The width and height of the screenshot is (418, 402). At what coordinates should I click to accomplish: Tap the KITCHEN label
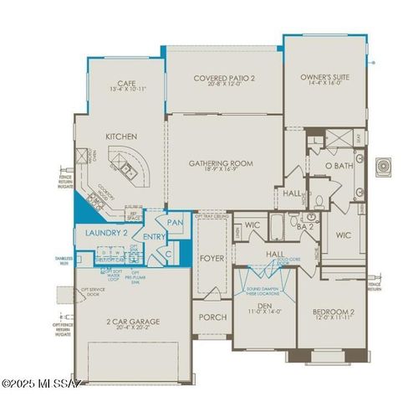click(x=121, y=136)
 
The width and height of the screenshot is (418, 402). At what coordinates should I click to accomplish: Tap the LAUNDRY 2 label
click(x=105, y=232)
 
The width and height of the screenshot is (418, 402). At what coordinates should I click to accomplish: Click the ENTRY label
click(x=155, y=237)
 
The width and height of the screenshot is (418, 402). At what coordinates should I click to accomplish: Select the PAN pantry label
click(x=175, y=222)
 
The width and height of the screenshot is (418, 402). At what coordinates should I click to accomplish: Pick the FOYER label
click(x=212, y=259)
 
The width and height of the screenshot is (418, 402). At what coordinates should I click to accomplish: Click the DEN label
click(x=264, y=307)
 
